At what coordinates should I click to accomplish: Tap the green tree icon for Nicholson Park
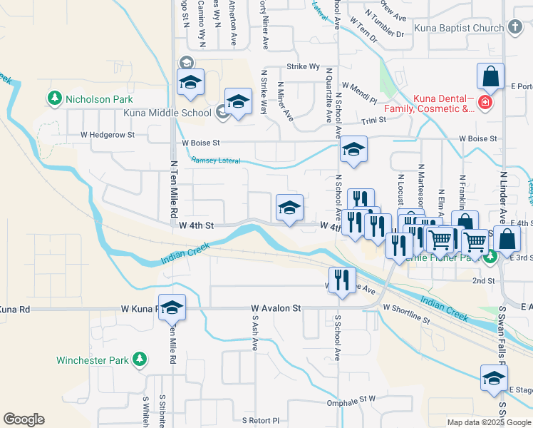(54, 97)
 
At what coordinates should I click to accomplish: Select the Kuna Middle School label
(167, 113)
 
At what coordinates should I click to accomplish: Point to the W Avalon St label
(276, 309)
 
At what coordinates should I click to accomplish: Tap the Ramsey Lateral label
(215, 160)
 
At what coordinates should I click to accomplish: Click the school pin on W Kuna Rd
(172, 307)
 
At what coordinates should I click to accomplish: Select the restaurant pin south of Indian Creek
(342, 280)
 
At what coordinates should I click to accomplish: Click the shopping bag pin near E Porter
(490, 76)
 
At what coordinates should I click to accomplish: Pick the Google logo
(24, 419)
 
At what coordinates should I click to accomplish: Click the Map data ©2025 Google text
(488, 422)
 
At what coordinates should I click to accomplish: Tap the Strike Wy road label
(303, 66)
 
